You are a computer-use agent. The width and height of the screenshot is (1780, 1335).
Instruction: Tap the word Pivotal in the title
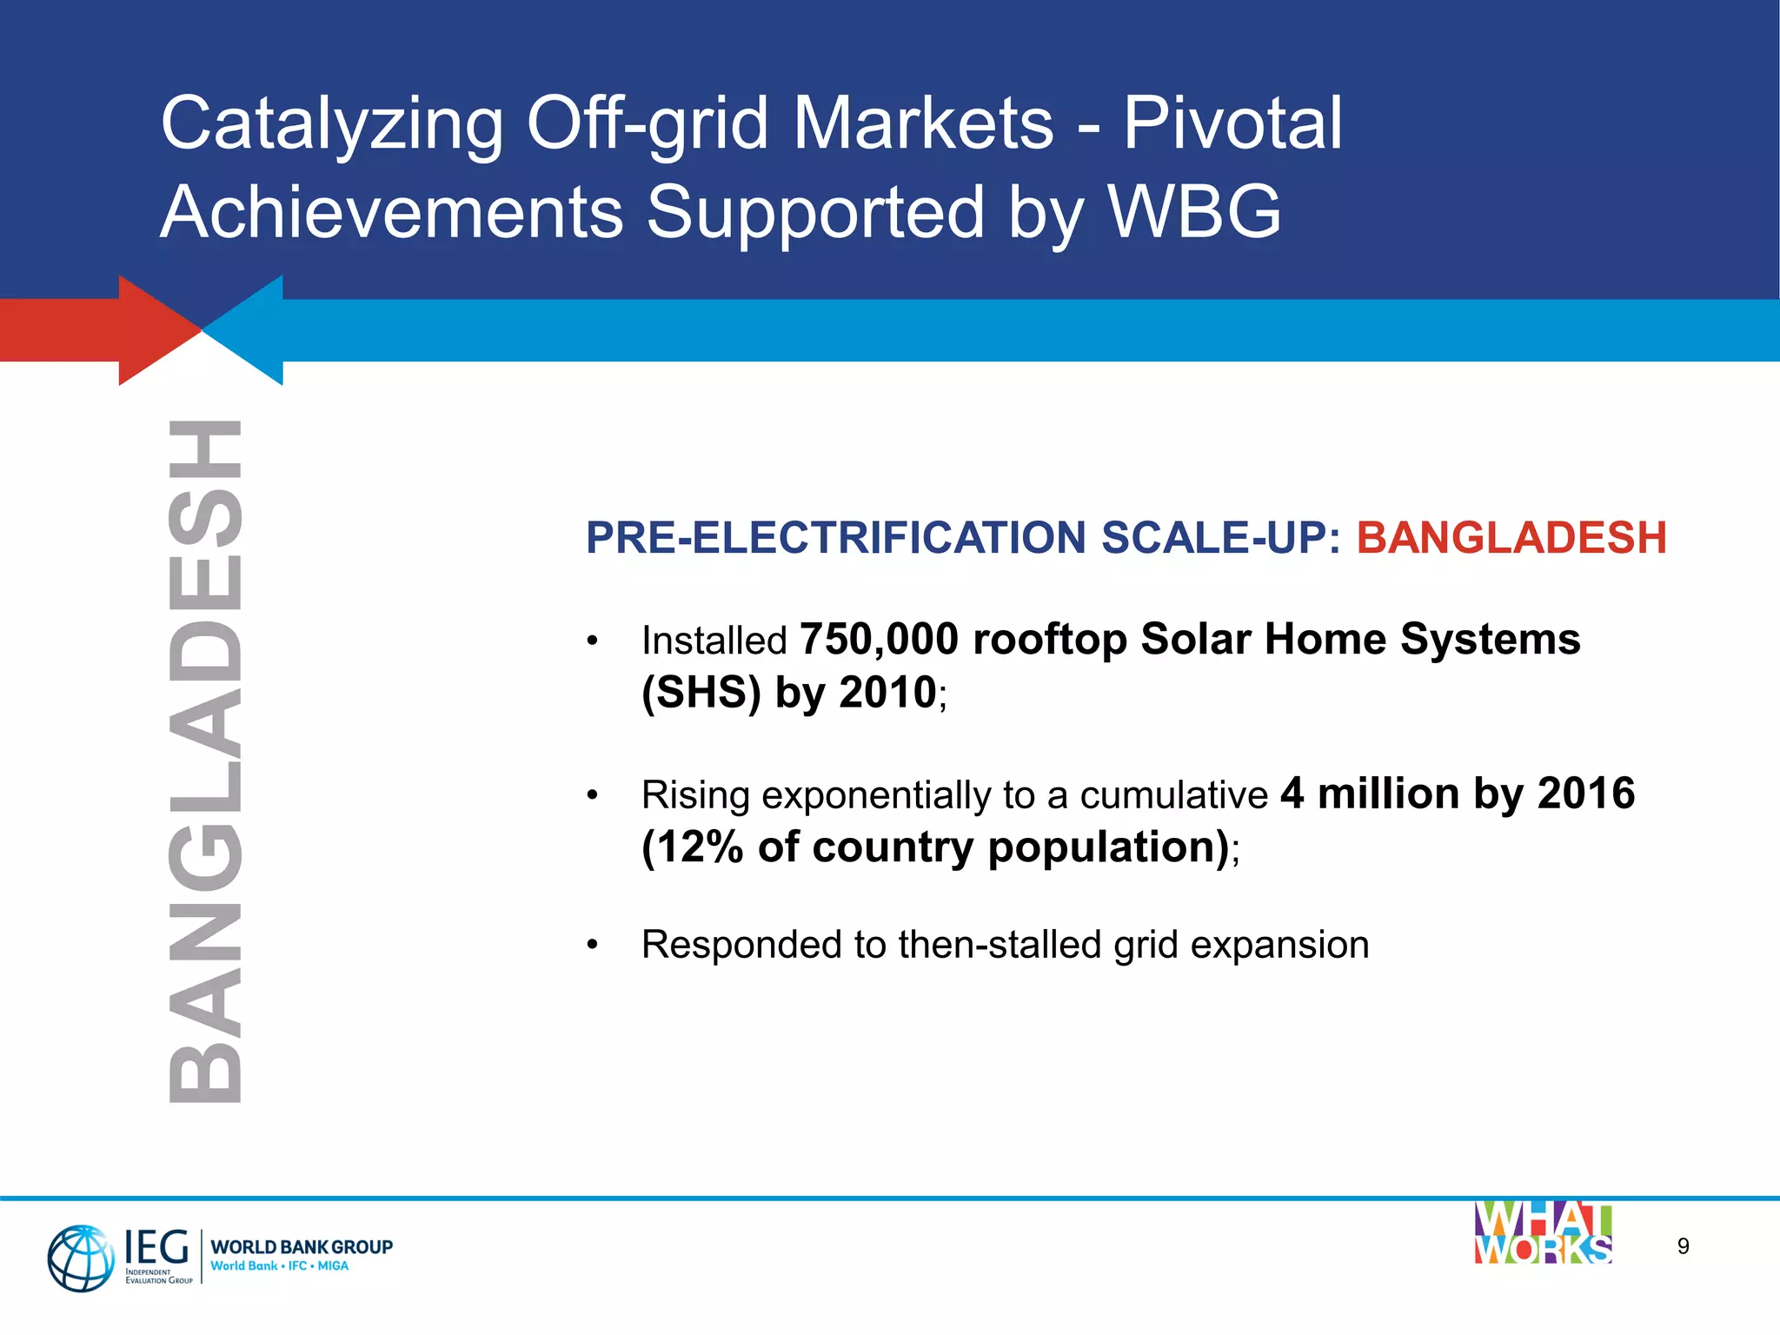click(x=1232, y=123)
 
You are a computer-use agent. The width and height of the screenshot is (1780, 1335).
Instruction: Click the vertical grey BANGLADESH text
click(x=204, y=761)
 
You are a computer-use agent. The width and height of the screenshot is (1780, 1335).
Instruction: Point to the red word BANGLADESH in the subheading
click(x=1511, y=538)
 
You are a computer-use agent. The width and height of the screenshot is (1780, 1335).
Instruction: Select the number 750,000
click(x=879, y=640)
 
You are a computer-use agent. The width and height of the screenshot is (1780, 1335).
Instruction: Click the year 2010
click(x=887, y=694)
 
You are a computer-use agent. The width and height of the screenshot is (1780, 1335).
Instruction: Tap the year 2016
click(x=1585, y=794)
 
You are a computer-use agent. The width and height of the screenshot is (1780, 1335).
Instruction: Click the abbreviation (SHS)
click(x=701, y=694)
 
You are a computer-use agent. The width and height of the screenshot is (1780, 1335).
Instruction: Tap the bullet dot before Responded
click(x=592, y=945)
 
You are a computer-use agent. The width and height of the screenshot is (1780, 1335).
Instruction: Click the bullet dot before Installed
click(x=592, y=641)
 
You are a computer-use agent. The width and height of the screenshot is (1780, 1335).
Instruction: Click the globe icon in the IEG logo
click(x=80, y=1258)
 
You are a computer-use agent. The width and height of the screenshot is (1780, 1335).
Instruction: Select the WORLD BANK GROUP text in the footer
click(x=302, y=1246)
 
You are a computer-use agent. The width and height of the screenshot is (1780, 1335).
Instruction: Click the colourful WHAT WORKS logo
click(x=1543, y=1233)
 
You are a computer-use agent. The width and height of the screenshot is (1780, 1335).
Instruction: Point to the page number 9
click(x=1683, y=1246)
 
